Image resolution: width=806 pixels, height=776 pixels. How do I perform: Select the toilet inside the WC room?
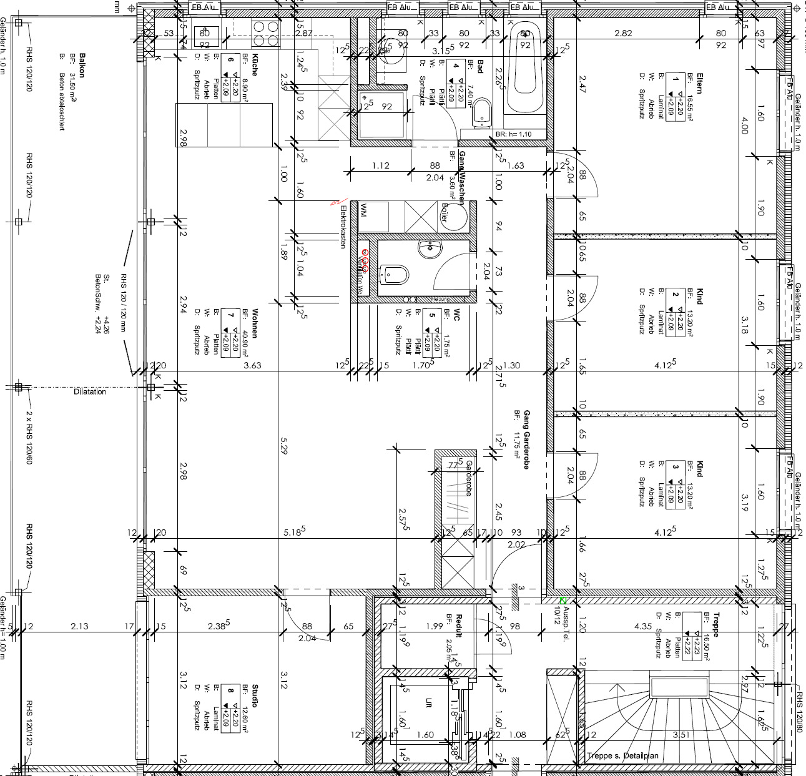coord(396,273)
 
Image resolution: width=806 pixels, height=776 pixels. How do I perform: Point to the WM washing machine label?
coord(363,210)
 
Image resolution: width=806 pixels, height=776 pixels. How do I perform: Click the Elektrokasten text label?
coord(343,228)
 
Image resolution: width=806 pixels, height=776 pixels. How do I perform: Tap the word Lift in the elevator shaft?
coord(428,702)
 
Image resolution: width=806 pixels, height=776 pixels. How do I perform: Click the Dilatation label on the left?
coord(90,391)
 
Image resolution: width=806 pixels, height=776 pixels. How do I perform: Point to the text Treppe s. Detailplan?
coord(622,756)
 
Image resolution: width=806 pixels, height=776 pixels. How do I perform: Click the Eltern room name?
coord(699,81)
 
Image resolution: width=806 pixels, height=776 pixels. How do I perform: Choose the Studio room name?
coord(255,695)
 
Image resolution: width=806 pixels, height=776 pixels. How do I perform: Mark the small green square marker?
coord(563,600)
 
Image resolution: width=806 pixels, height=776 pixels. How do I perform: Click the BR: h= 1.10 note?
coord(513,134)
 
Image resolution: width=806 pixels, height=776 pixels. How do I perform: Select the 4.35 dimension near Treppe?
coord(643,626)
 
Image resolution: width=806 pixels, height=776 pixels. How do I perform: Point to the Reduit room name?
coord(458,625)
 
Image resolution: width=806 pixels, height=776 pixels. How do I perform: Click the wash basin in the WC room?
coord(430,249)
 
